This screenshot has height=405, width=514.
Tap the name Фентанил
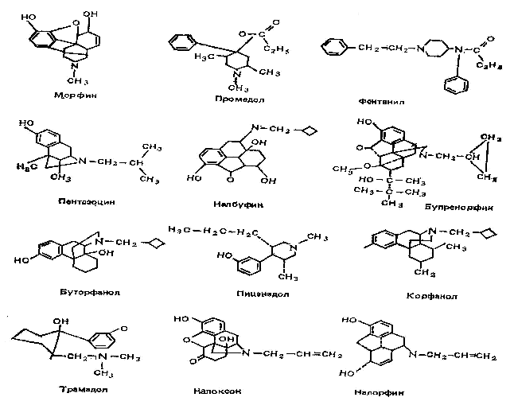[377, 100]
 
